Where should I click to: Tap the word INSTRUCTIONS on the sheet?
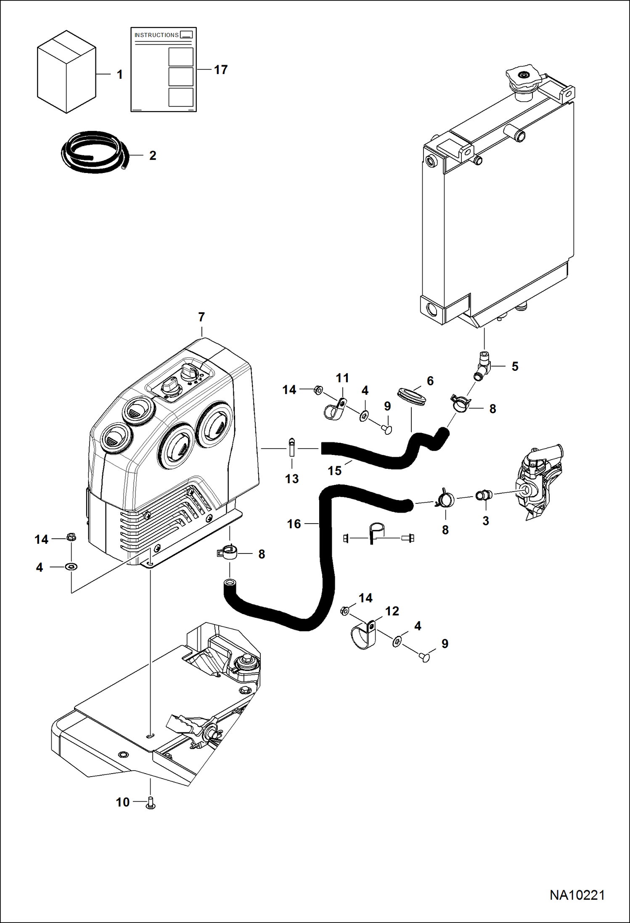click(156, 35)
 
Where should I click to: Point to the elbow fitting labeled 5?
click(484, 365)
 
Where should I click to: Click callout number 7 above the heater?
click(201, 317)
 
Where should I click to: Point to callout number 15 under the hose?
click(335, 471)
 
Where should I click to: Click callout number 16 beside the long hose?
click(294, 524)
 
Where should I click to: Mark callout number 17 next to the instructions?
click(221, 69)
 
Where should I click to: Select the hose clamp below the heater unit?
click(228, 552)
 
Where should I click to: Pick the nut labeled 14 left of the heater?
click(71, 537)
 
